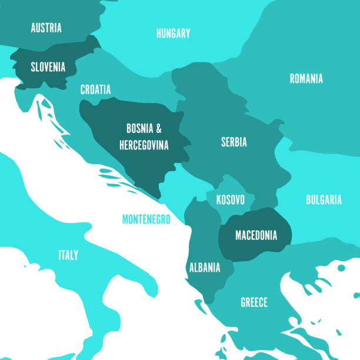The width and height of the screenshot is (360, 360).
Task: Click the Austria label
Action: click(x=46, y=28)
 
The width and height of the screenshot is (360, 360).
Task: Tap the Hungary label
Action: click(x=173, y=33)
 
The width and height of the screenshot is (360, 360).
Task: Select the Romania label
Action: click(x=306, y=78)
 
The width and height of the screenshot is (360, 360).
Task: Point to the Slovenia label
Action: click(x=48, y=67)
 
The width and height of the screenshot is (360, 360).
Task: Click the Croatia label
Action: click(x=95, y=89)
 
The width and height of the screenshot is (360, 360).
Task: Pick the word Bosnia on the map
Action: click(x=139, y=128)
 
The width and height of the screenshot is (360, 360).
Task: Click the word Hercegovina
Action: click(x=144, y=144)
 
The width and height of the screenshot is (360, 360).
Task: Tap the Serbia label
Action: click(x=234, y=142)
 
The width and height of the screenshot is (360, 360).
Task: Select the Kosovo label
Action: click(x=230, y=199)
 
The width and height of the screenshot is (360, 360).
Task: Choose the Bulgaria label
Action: click(x=324, y=199)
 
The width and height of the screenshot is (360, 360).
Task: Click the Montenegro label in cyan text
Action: click(x=146, y=219)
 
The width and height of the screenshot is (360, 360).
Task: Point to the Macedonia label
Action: click(x=256, y=235)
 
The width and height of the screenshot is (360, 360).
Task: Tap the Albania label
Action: click(x=204, y=268)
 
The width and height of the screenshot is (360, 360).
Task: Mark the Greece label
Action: click(x=254, y=302)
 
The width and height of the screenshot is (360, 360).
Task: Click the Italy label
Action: click(x=68, y=255)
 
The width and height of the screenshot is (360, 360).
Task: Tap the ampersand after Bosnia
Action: click(x=158, y=128)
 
